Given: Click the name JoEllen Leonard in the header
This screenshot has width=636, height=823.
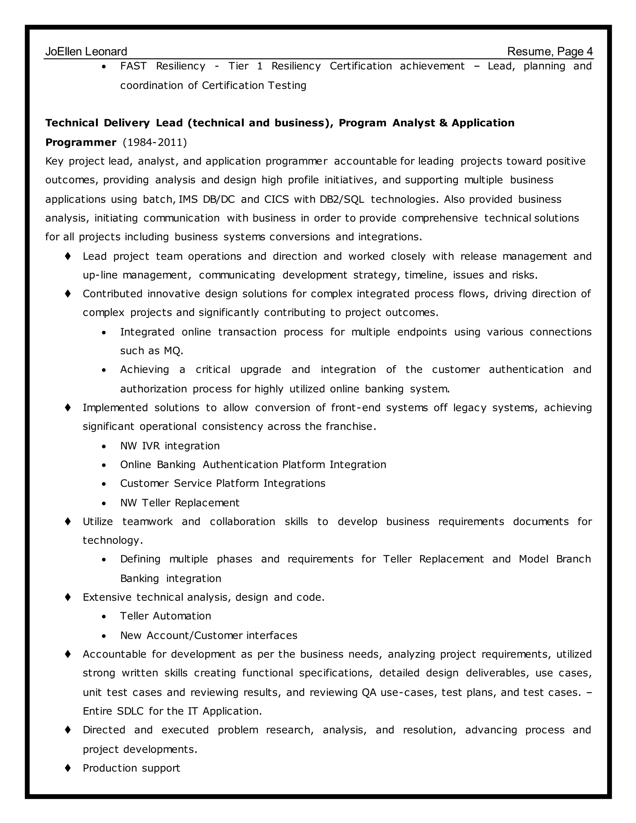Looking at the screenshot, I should point(86,52).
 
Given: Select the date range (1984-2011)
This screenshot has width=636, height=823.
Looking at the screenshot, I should point(154,143).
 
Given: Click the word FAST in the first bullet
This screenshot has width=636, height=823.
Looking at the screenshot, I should point(133,66).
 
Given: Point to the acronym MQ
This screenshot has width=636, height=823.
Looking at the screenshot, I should point(173,351).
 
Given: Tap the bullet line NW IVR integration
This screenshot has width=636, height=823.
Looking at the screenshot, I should point(170,446).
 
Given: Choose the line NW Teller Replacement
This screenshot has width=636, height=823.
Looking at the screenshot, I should point(180,503).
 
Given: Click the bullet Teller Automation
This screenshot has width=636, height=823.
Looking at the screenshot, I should point(166,616).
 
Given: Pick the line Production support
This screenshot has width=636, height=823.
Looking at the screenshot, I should point(131,768).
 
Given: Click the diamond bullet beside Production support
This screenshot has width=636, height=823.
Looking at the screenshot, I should point(68,768).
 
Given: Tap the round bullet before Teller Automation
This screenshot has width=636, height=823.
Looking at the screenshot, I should point(104,617).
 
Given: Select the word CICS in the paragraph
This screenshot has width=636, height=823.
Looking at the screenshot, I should point(277,199).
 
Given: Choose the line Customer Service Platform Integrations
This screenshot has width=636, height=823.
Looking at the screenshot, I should point(223,484).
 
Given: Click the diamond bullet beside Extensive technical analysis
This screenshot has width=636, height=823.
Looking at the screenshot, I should point(68,597).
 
